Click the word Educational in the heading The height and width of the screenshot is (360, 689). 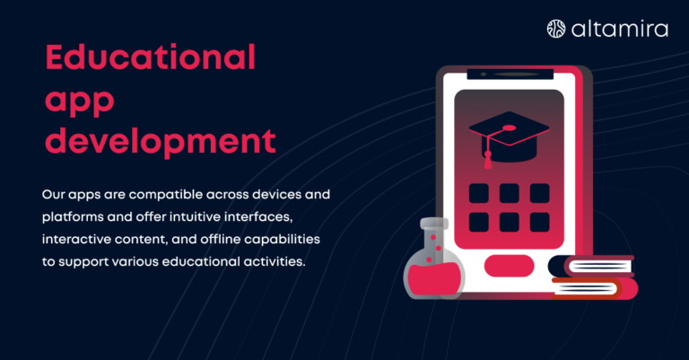(x=151, y=57)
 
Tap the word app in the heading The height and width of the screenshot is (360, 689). (x=80, y=101)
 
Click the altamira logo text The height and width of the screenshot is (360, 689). (x=620, y=29)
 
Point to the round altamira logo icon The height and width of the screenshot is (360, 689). (x=556, y=29)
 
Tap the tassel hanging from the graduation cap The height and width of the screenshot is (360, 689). (x=488, y=158)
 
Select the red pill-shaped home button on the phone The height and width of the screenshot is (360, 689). (x=509, y=266)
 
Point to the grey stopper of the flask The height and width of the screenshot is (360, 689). (x=434, y=224)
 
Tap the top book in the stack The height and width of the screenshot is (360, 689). (x=591, y=266)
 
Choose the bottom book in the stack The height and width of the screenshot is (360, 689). (x=595, y=288)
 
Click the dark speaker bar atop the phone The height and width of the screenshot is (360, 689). (x=510, y=75)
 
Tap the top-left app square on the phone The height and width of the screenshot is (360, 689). (x=478, y=193)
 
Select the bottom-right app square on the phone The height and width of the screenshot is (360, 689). (x=539, y=222)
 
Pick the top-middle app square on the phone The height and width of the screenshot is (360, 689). (x=510, y=193)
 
